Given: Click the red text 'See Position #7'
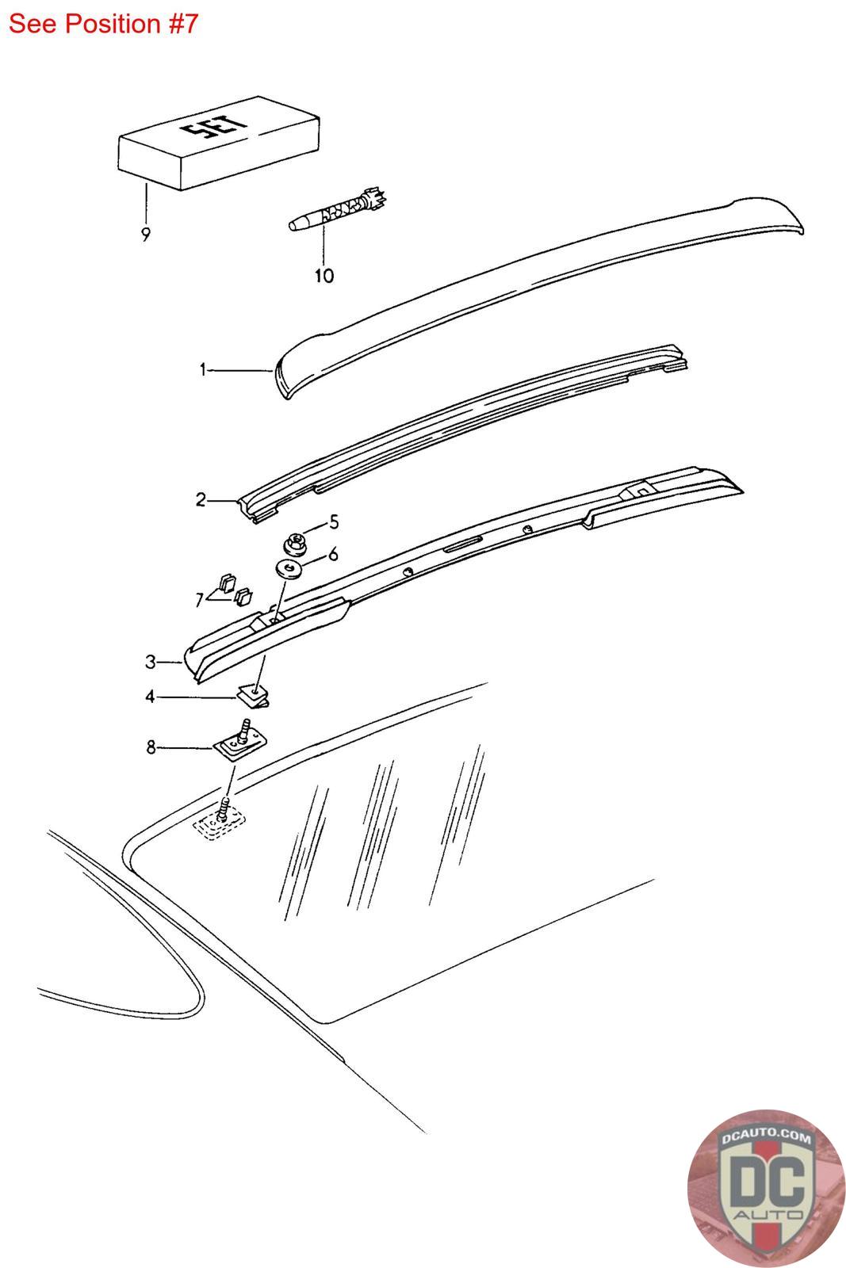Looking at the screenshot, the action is point(103,24).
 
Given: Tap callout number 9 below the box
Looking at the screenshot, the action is point(146,234).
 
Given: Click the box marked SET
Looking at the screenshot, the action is point(219,143).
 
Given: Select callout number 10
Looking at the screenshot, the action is point(324,276).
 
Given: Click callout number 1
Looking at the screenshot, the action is point(203,370).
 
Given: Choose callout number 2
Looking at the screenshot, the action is point(201,500).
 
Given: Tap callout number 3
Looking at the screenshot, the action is point(150,662).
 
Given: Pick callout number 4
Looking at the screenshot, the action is point(150,697).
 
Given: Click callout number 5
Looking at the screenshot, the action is point(334,521).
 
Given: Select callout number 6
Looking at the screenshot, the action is point(333,554).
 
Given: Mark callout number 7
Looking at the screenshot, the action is point(199,600).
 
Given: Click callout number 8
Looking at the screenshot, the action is point(151,747).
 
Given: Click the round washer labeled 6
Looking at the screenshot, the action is point(289,569).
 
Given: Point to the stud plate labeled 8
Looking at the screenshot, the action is point(239,741).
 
